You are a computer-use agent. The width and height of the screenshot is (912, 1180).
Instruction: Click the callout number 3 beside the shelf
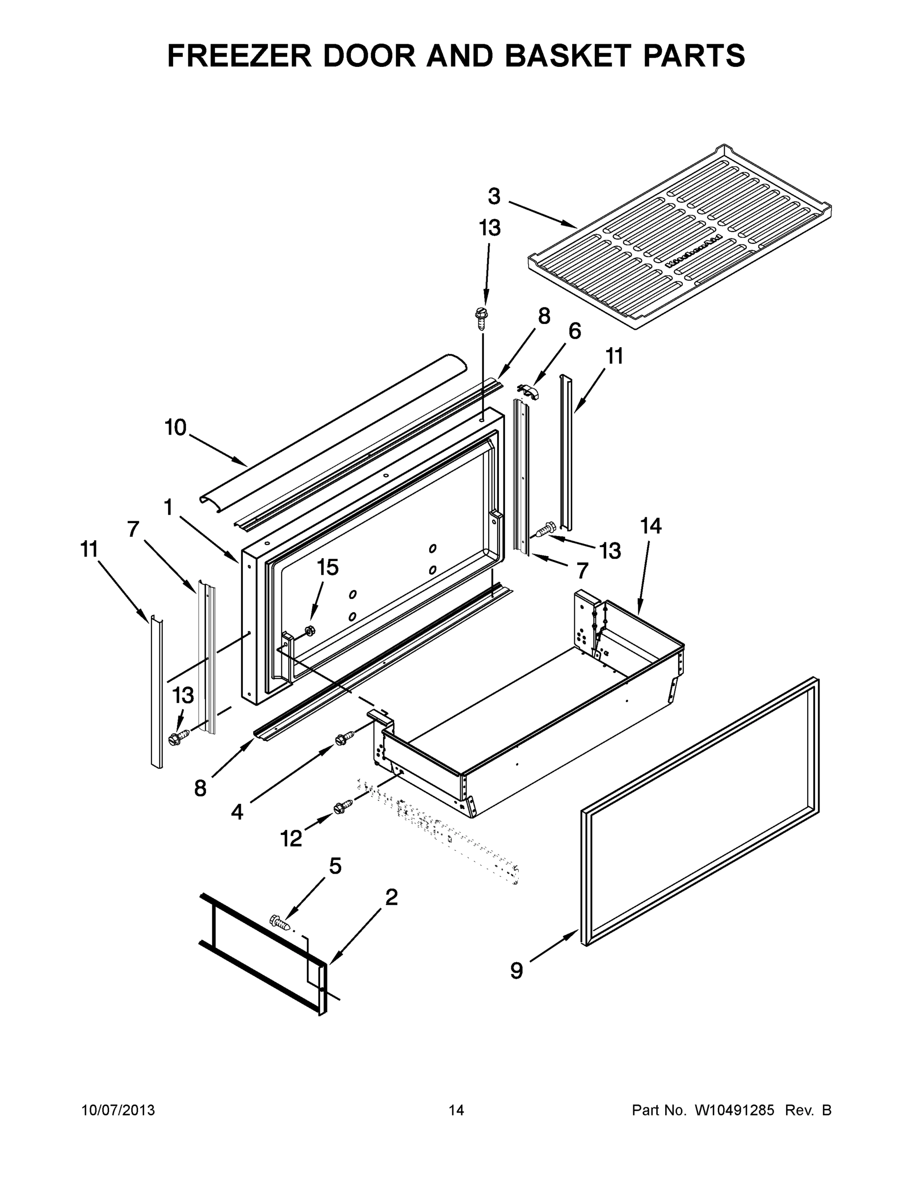point(494,197)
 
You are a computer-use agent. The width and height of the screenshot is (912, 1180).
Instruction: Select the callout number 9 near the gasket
point(517,971)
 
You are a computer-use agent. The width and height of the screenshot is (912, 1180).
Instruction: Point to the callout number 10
point(175,427)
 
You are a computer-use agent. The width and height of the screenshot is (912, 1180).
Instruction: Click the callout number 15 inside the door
point(327,567)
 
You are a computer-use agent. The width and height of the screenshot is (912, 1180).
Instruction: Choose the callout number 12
point(291,838)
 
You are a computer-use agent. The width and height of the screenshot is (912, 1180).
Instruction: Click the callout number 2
point(391,897)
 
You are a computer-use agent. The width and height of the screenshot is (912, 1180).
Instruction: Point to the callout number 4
point(236,812)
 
